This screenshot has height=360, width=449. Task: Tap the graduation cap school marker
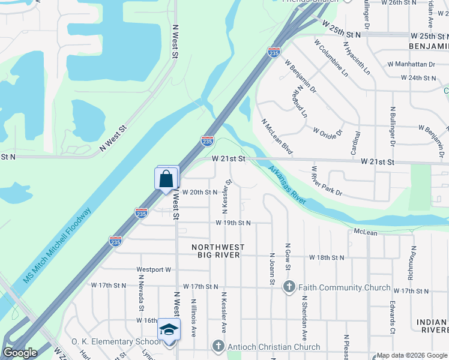[x=169, y=331]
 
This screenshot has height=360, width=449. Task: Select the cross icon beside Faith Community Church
[x=290, y=287]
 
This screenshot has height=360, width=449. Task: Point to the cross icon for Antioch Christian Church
[x=218, y=346]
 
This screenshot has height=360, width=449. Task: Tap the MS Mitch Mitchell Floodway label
[x=57, y=247]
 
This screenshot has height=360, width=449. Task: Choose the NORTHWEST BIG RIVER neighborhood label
[x=218, y=251]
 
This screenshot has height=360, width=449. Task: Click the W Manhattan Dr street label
[x=411, y=64]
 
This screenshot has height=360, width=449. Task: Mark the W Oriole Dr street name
[x=327, y=130]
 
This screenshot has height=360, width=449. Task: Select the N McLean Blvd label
[x=277, y=137]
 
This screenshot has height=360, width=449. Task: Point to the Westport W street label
[x=154, y=270]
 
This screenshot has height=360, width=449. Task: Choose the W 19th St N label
[x=234, y=223]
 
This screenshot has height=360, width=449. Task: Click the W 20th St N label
[x=199, y=192]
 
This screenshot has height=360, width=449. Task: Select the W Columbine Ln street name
[x=331, y=58]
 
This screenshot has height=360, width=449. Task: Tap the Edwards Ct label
[x=392, y=317]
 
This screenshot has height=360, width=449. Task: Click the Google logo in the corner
[x=20, y=353]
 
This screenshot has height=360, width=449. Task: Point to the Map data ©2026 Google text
[x=412, y=355]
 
